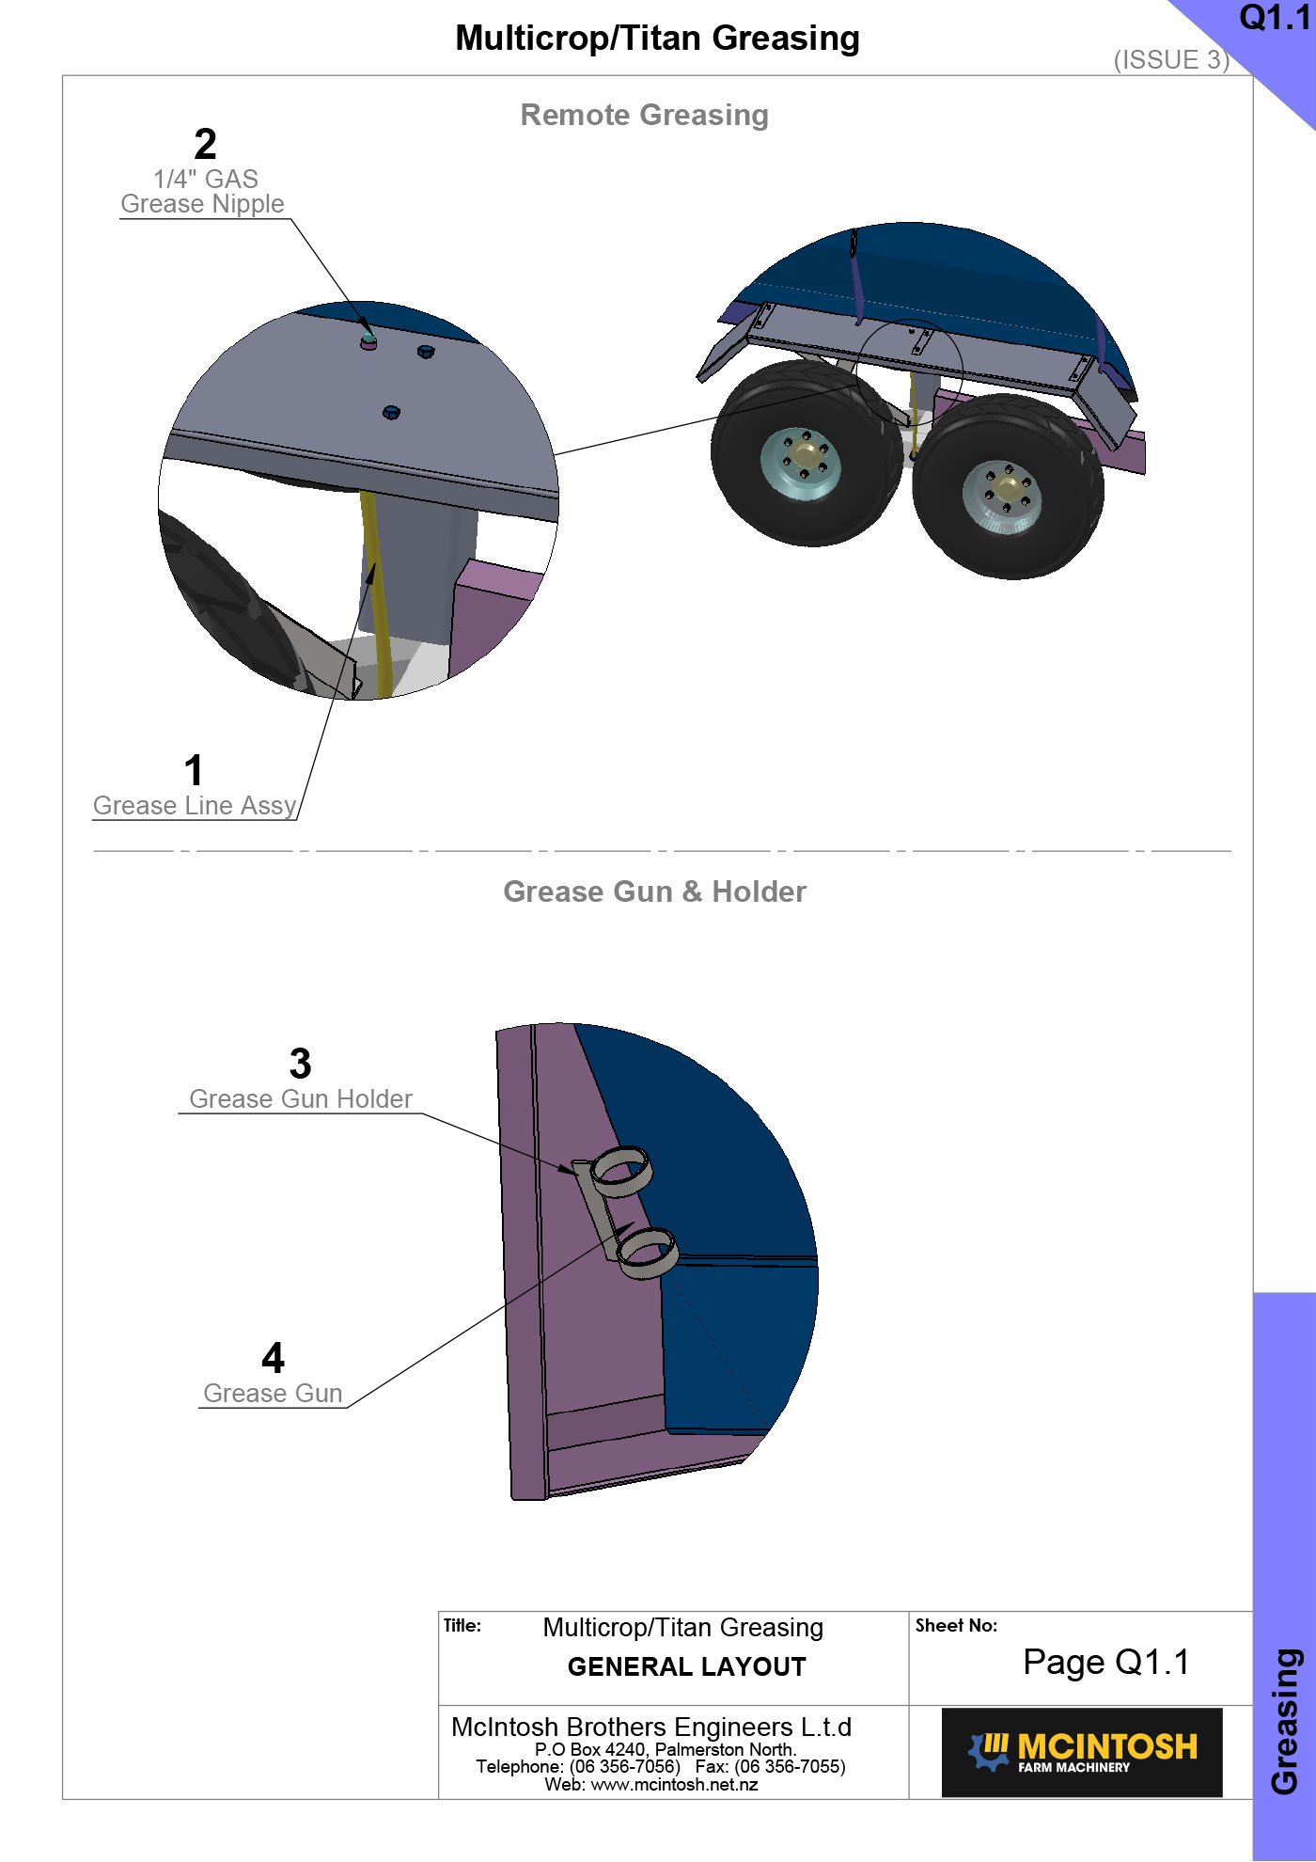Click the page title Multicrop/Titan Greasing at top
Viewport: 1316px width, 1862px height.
[657, 39]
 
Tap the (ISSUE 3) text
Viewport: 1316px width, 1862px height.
[1171, 59]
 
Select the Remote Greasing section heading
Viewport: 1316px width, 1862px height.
[645, 115]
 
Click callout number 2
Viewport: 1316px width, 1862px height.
[206, 144]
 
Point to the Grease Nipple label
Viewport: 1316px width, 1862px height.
[202, 203]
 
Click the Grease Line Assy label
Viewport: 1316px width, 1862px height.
[195, 805]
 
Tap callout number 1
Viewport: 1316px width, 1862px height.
[194, 770]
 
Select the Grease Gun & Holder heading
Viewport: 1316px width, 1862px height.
[654, 892]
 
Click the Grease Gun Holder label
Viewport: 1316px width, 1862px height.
[301, 1098]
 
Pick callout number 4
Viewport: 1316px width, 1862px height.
[273, 1358]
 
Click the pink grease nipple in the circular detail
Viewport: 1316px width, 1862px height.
[368, 341]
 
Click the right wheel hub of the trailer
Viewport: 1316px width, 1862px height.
[1004, 496]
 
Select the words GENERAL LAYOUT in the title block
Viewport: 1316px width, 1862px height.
[686, 1667]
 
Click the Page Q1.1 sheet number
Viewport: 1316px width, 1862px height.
[1106, 1663]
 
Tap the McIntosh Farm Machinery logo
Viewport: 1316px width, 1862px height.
[1082, 1752]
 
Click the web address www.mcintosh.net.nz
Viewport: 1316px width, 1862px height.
[674, 1785]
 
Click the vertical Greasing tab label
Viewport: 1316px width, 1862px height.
[1285, 1721]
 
